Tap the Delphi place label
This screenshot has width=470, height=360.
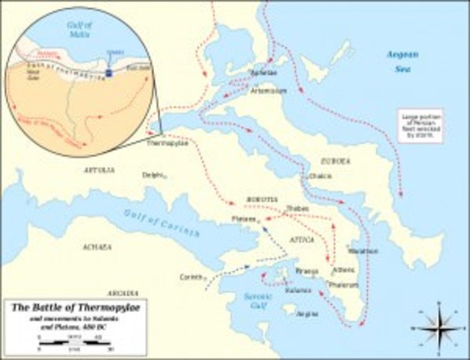pos(152,175)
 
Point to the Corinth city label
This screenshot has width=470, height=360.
pos(189,276)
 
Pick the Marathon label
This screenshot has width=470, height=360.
pos(363,251)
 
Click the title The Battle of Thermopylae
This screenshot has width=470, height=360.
pos(65,308)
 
